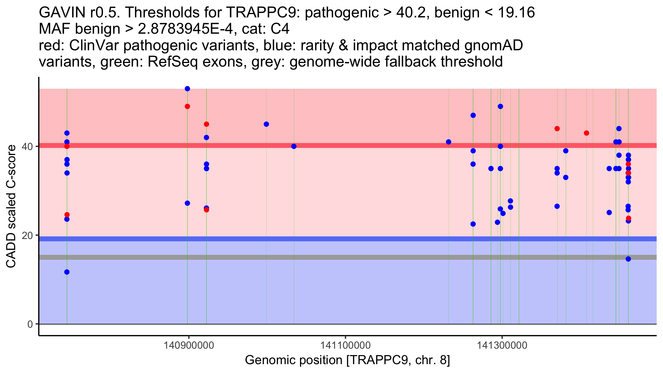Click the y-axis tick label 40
pyautogui.click(x=27, y=146)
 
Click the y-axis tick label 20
pyautogui.click(x=27, y=235)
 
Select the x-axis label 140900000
pyautogui.click(x=189, y=345)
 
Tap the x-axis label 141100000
pyautogui.click(x=345, y=345)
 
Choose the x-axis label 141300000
pyautogui.click(x=502, y=345)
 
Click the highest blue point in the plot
pyautogui.click(x=187, y=89)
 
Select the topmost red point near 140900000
pyautogui.click(x=187, y=106)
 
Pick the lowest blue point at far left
pyautogui.click(x=67, y=272)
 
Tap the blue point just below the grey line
pyautogui.click(x=628, y=259)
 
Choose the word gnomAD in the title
pyautogui.click(x=493, y=46)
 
